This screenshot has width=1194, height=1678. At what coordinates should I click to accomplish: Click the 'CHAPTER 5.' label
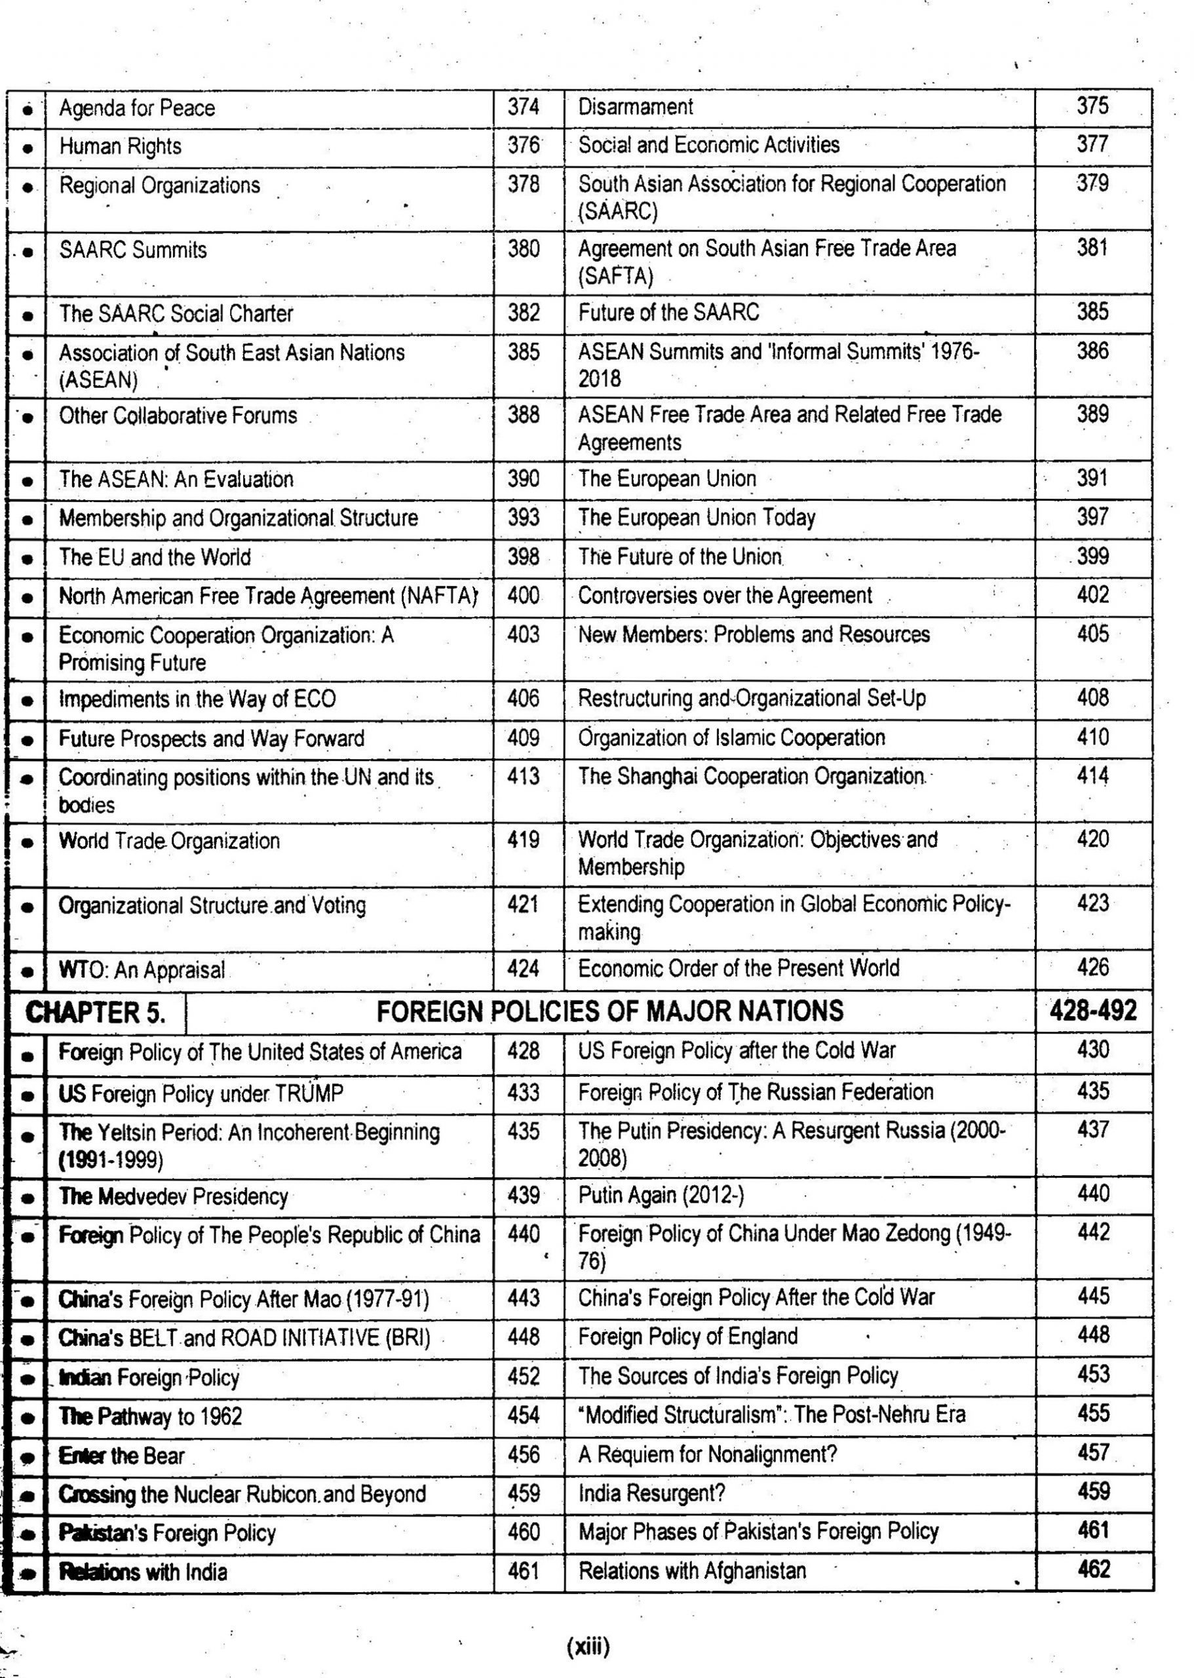[95, 1012]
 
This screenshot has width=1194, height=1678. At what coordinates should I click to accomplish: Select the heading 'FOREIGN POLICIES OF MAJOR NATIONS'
[609, 1011]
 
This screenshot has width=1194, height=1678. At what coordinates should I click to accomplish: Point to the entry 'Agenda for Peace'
[137, 108]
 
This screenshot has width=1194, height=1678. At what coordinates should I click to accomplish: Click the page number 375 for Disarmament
[1092, 106]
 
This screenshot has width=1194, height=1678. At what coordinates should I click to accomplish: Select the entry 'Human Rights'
[120, 146]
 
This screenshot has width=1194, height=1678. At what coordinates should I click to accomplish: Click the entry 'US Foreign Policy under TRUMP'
[201, 1093]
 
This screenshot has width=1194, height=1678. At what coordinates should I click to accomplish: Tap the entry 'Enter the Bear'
[121, 1455]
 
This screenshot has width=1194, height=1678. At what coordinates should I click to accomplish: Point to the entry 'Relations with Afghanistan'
[692, 1571]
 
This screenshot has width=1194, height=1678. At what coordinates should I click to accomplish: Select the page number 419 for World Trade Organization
[523, 840]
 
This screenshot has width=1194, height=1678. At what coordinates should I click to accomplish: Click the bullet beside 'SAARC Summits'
[28, 252]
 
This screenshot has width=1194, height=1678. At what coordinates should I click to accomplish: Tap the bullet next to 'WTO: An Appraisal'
[28, 971]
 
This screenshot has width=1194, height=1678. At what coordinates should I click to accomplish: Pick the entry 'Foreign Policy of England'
[687, 1336]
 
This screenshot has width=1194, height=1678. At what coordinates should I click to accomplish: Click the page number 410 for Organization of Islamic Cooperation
[1092, 737]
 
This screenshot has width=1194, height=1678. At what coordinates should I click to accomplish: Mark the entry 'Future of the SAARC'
[668, 313]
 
